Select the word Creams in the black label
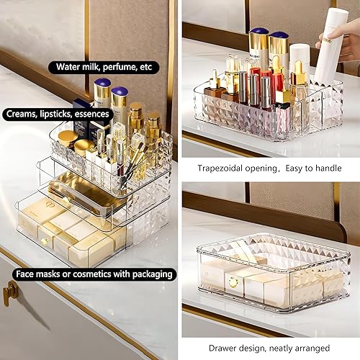[23, 114]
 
